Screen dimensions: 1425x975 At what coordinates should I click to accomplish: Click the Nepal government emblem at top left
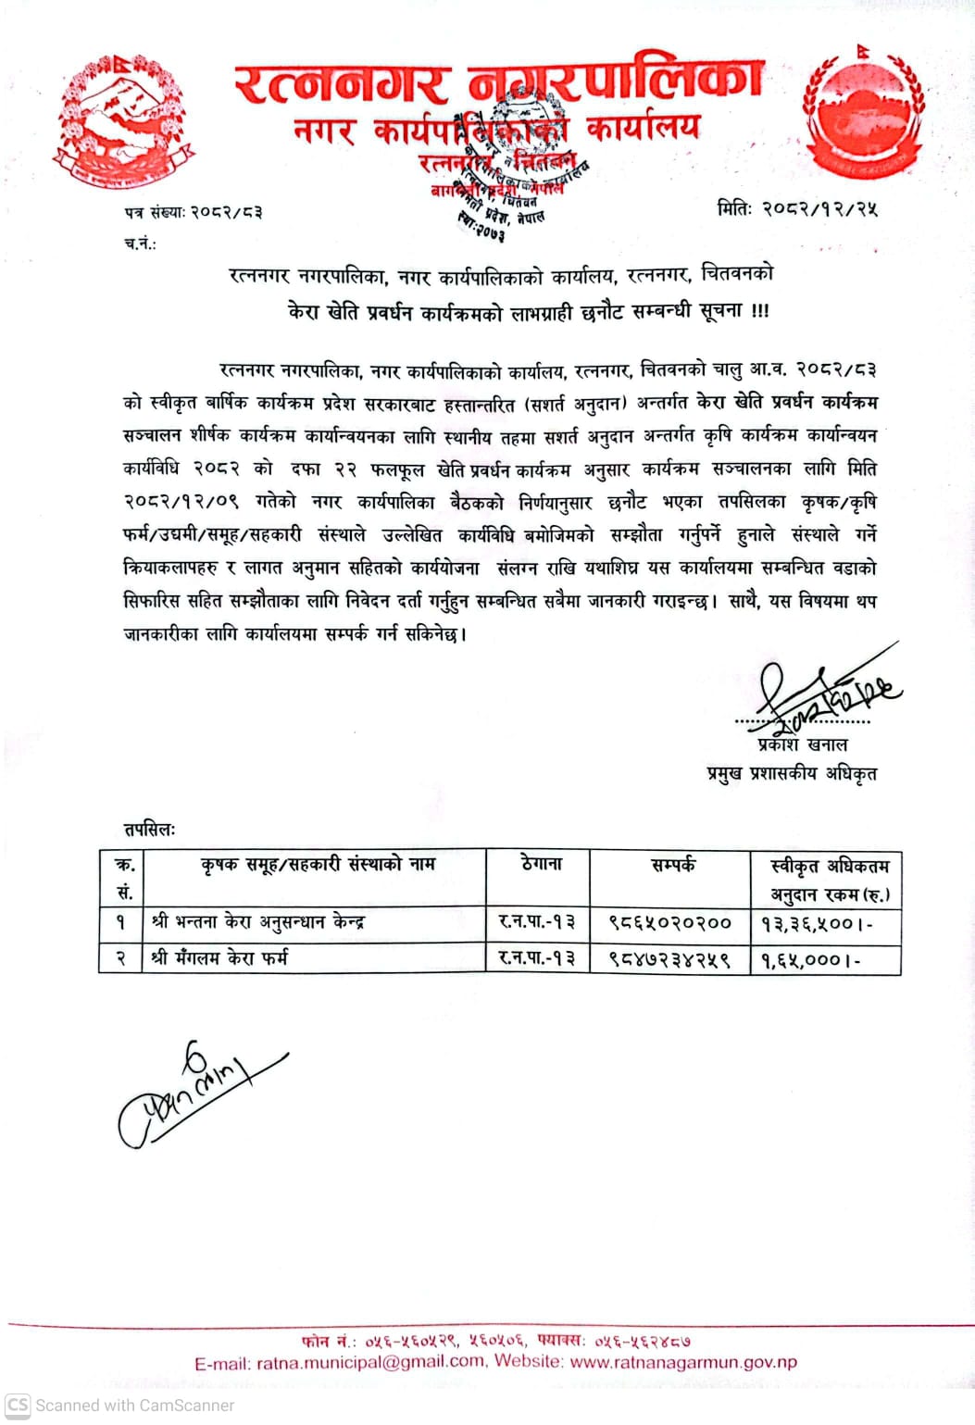122,119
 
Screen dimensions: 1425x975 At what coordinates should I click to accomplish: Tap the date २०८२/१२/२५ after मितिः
819,208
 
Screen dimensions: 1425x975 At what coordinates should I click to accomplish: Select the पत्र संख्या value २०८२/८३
226,212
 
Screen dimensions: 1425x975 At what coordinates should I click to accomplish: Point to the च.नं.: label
140,244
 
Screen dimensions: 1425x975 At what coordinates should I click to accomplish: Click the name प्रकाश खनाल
802,744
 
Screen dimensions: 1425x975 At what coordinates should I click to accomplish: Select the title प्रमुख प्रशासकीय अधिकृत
792,773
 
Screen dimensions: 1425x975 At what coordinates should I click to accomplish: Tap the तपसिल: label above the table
150,829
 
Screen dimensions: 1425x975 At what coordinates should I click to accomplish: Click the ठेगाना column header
542,864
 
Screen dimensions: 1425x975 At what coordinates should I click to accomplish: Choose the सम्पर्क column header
673,865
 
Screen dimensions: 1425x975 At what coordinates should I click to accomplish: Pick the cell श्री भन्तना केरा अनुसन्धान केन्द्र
258,922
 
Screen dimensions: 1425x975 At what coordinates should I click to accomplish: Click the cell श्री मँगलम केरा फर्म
219,957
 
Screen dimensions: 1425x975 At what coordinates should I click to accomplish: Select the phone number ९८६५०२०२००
669,923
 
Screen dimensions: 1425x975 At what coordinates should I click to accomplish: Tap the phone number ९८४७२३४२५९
669,959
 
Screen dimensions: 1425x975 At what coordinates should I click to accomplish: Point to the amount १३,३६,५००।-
817,924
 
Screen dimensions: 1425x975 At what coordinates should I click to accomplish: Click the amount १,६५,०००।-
810,960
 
